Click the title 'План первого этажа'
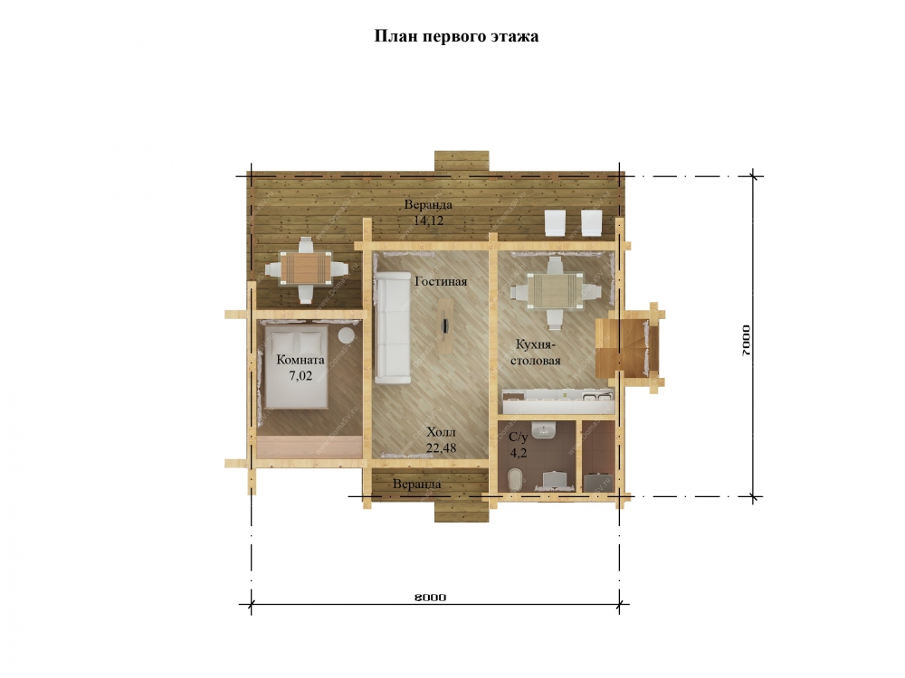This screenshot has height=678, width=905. click(456, 36)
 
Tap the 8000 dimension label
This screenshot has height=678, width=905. click(430, 598)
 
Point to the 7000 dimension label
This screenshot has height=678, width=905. click(747, 340)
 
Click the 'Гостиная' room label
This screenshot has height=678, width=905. click(441, 282)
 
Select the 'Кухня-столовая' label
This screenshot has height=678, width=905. click(535, 353)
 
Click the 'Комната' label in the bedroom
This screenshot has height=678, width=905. click(300, 360)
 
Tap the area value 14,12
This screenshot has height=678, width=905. click(428, 221)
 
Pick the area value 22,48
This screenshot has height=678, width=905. click(441, 447)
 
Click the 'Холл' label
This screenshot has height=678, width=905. click(441, 432)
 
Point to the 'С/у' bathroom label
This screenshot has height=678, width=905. click(519, 437)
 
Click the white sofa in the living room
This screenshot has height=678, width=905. click(393, 327)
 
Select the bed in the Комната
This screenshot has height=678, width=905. click(296, 367)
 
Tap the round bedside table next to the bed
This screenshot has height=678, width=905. click(348, 335)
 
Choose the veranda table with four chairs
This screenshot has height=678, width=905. click(306, 269)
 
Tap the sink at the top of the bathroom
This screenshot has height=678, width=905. click(543, 430)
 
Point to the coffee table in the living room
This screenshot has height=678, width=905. click(445, 325)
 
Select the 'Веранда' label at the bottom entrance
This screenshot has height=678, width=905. click(416, 485)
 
